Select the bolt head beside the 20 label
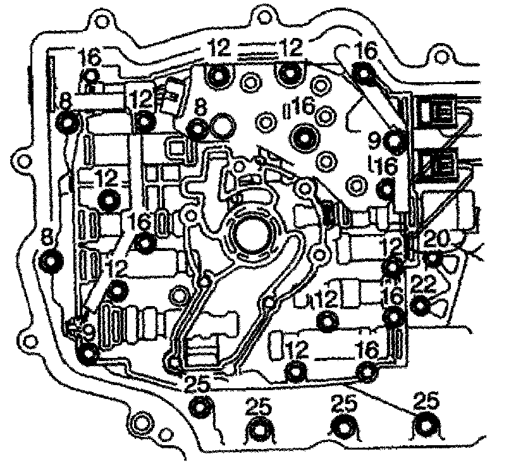(433, 258)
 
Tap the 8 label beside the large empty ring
(200, 108)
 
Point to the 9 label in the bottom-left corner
(87, 330)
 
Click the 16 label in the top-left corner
(90, 58)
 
